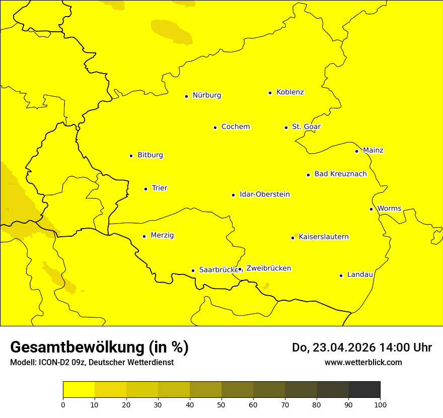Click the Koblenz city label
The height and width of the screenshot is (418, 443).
coord(290,92)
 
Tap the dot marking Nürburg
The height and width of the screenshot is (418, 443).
coord(186,96)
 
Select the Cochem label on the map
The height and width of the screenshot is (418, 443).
coord(235,127)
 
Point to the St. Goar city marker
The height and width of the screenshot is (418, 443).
coord(286,127)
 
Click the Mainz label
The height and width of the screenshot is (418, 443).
coord(373,151)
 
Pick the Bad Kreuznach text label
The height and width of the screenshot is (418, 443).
coord(340,174)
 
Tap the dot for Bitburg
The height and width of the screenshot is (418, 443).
coord(131,156)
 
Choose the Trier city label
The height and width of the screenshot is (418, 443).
coord(159,188)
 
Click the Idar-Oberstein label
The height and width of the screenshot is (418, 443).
coord(264,194)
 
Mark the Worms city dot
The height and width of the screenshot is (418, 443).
coord(371,209)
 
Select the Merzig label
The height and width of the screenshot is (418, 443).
coord(162,236)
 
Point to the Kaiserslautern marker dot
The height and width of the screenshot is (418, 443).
coord(292,238)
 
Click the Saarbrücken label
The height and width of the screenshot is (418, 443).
coord(217,270)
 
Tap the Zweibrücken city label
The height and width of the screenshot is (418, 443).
coord(268,268)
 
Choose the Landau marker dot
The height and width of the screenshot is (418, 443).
coord(341,275)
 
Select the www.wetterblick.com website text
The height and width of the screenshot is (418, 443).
coord(363,363)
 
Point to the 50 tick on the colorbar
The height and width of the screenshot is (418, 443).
coord(221,404)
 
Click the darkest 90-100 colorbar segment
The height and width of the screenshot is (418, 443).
coord(364,390)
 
